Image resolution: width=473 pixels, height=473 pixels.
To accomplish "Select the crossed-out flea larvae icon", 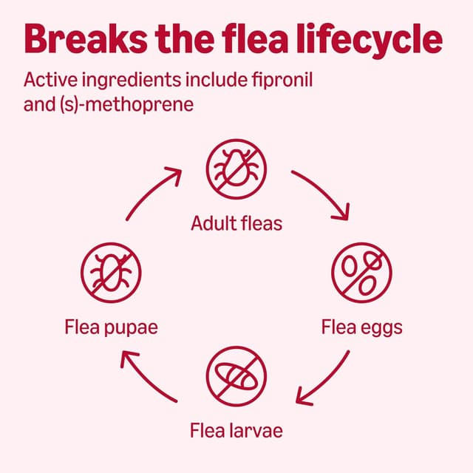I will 236,375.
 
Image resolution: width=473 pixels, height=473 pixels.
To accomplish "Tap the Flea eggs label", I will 362,326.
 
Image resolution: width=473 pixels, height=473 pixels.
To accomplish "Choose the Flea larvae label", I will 236,429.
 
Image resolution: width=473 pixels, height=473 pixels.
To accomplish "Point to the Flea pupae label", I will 111,326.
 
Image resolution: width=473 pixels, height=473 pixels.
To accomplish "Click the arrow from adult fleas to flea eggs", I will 322,194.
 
